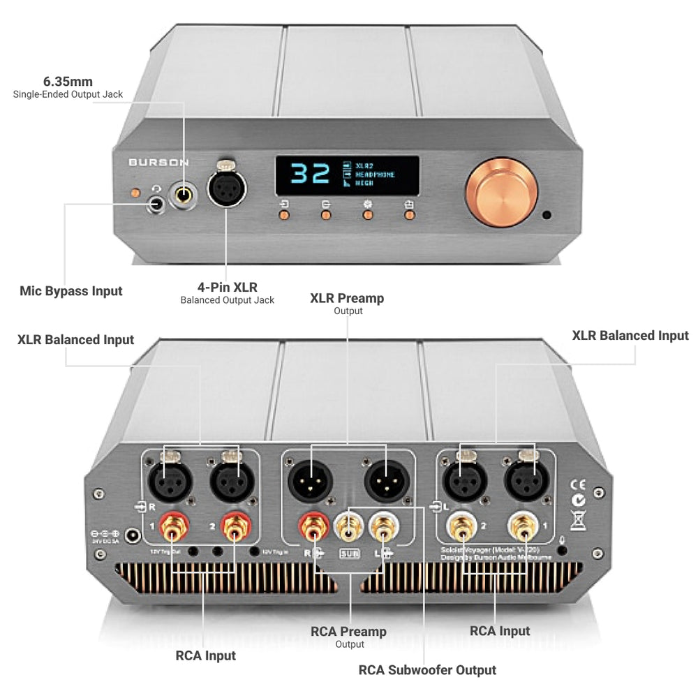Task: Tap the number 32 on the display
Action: click(x=309, y=174)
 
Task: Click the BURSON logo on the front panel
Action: click(x=158, y=162)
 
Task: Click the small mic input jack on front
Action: click(x=156, y=205)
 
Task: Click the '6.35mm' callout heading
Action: click(x=68, y=82)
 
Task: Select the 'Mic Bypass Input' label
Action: click(x=70, y=291)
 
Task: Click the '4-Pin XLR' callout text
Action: click(x=227, y=286)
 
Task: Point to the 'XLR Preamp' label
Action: click(x=347, y=298)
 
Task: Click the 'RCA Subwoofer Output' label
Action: click(x=427, y=670)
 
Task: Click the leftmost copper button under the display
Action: click(x=284, y=215)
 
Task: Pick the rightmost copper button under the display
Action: click(x=409, y=215)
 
